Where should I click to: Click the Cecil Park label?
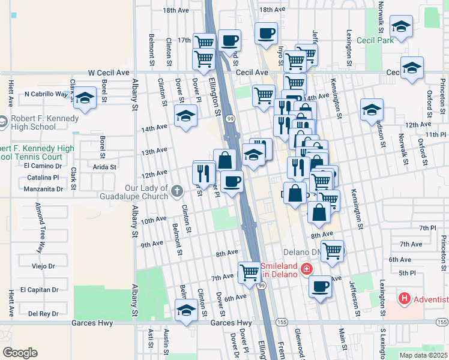click(391, 40)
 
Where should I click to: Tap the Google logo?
click(20, 353)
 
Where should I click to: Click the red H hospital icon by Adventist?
click(405, 298)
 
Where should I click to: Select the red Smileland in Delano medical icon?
click(307, 269)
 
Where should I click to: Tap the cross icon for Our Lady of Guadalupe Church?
click(176, 191)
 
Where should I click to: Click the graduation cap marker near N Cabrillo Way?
click(85, 98)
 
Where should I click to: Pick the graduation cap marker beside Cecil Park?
click(400, 26)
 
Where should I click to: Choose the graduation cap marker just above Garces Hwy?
click(186, 311)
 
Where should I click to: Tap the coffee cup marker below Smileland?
click(321, 286)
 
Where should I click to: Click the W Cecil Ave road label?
click(109, 72)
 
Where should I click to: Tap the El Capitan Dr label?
click(39, 289)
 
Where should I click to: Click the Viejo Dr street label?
click(43, 266)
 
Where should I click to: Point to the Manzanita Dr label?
click(43, 189)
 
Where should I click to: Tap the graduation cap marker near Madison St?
click(372, 109)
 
